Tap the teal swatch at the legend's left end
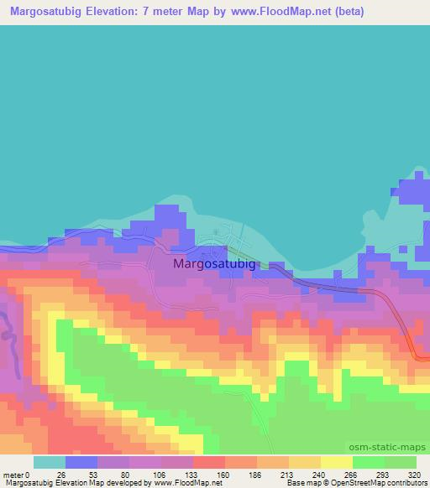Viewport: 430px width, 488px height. tap(49, 463)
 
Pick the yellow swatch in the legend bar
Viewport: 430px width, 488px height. tap(336, 463)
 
